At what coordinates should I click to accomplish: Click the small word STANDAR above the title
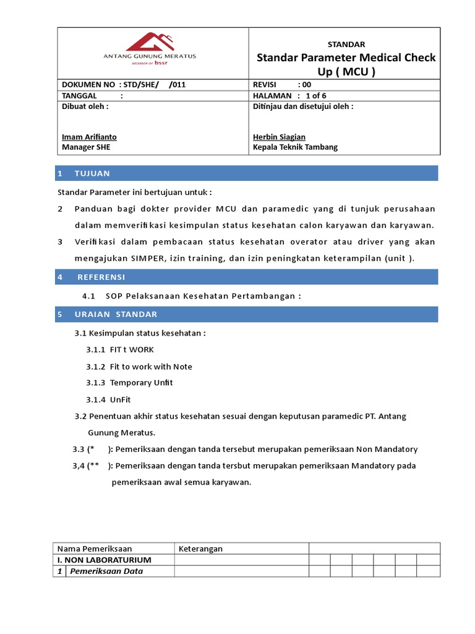[x=346, y=45]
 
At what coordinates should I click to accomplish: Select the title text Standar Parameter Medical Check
[x=346, y=58]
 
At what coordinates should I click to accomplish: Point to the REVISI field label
[x=267, y=84]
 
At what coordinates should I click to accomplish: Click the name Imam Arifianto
[x=89, y=137]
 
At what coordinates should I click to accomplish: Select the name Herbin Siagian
[x=279, y=137]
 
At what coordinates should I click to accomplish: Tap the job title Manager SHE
[x=86, y=147]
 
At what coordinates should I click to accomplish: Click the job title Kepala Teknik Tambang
[x=295, y=147]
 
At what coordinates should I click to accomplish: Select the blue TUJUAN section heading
[x=92, y=173]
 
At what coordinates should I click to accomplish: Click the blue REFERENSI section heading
[x=101, y=277]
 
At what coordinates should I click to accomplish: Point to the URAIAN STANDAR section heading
[x=116, y=315]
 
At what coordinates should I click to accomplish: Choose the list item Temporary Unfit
[x=141, y=383]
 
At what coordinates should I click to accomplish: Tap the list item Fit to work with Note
[x=151, y=367]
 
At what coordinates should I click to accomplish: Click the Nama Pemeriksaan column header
[x=95, y=549]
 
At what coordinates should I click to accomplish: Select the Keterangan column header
[x=200, y=549]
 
